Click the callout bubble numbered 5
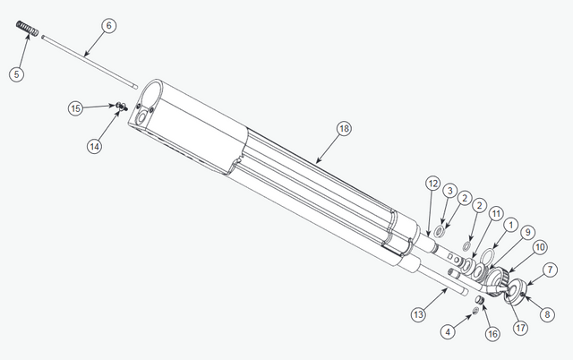(17, 73)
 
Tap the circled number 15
(77, 107)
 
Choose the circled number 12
(432, 184)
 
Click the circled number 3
(450, 191)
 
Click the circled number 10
(539, 247)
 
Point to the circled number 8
(543, 314)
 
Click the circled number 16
(491, 333)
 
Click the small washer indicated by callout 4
(475, 312)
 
